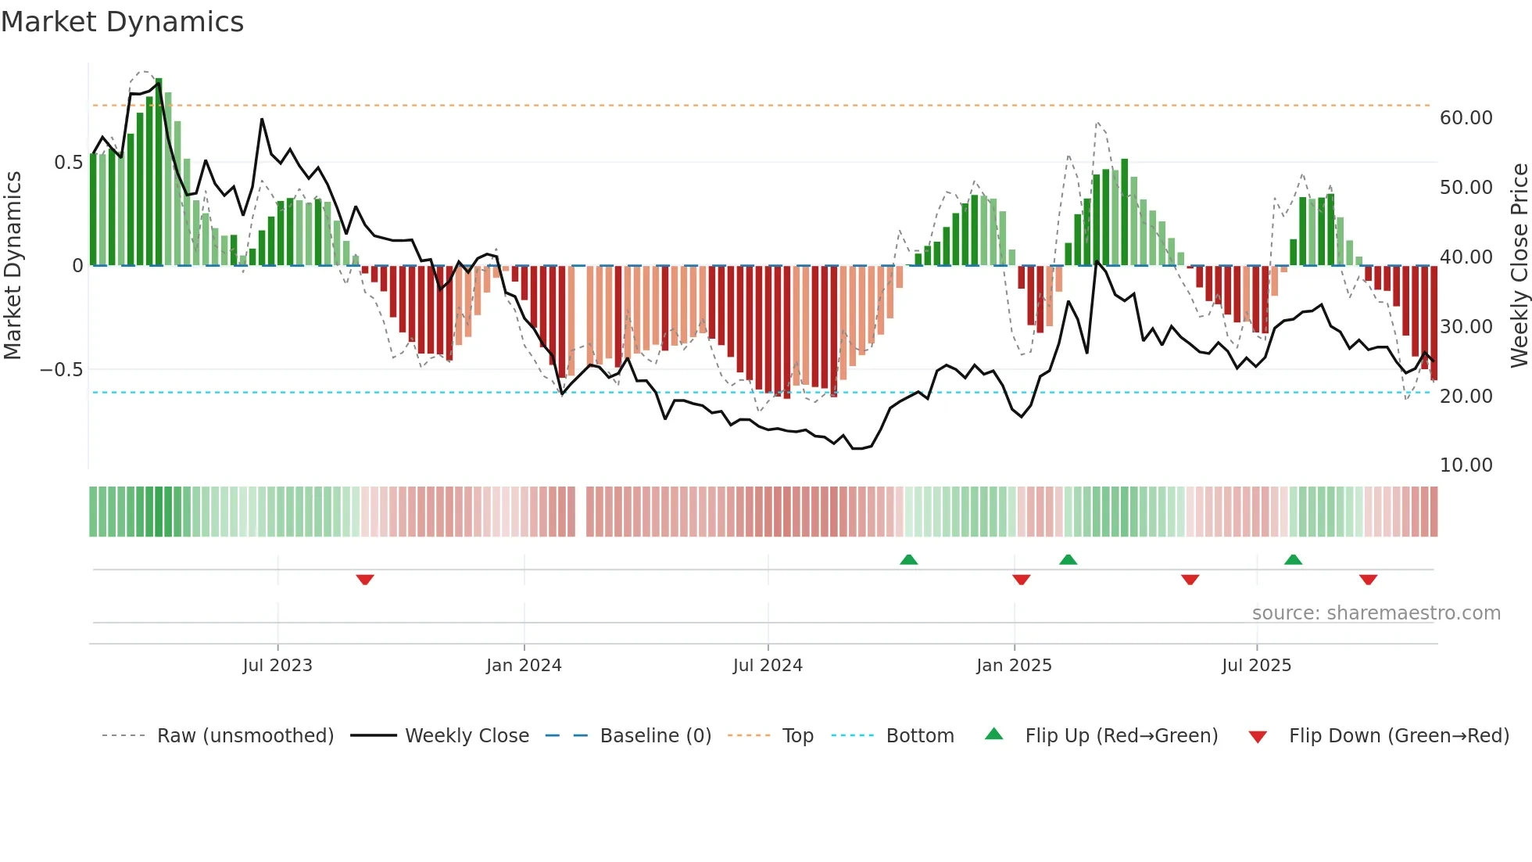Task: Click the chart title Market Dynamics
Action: point(122,22)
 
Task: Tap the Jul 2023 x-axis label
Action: point(277,666)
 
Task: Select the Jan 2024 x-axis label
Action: point(524,666)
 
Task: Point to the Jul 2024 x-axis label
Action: point(768,666)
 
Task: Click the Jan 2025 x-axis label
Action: point(1014,666)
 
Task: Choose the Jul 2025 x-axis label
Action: point(1257,666)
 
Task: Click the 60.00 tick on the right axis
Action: point(1466,118)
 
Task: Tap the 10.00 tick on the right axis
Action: point(1466,465)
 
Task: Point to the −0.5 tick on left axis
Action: point(61,370)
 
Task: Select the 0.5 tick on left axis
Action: point(68,163)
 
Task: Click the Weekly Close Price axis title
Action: point(1519,266)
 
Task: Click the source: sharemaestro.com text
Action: point(1376,613)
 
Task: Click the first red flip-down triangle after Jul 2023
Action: point(365,580)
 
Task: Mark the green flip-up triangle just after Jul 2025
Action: point(1293,559)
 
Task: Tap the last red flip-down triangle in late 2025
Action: point(1368,580)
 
